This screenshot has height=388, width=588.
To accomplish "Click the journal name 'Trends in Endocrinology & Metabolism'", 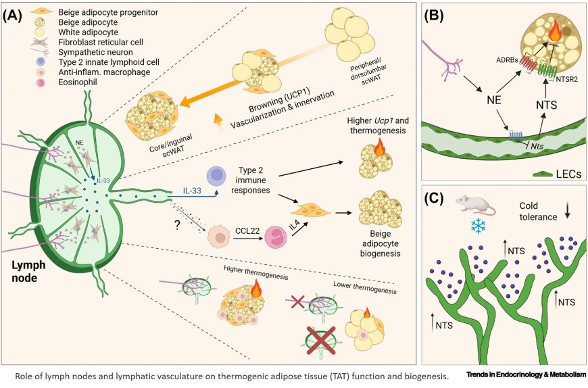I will click(524, 374).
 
